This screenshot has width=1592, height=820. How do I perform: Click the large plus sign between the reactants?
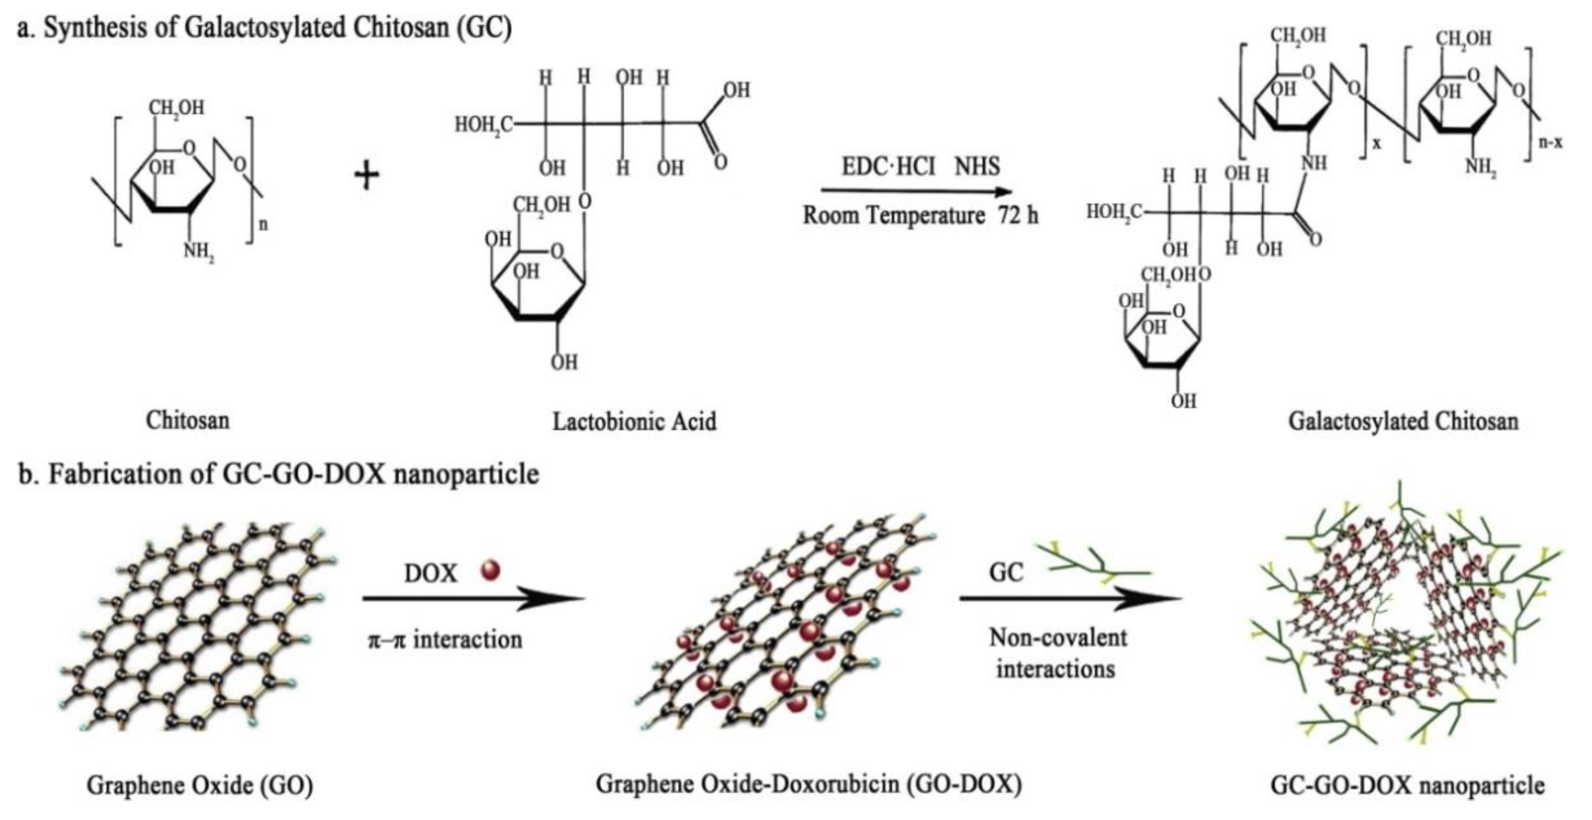click(x=367, y=175)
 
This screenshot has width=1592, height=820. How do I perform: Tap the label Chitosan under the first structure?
click(x=187, y=420)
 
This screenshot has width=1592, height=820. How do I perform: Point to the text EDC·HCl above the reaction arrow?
click(x=888, y=166)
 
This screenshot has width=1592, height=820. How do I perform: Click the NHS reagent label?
click(x=977, y=166)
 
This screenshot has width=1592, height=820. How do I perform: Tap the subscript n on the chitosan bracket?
click(x=263, y=224)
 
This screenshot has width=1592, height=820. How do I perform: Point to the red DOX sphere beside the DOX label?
click(x=490, y=570)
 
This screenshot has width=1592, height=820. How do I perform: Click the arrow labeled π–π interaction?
click(x=473, y=598)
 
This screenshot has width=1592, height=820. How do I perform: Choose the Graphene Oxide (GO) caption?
click(x=200, y=785)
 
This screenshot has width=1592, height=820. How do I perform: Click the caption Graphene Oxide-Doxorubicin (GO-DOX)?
click(x=809, y=784)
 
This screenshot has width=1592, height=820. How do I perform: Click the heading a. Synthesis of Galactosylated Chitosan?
click(x=264, y=28)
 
